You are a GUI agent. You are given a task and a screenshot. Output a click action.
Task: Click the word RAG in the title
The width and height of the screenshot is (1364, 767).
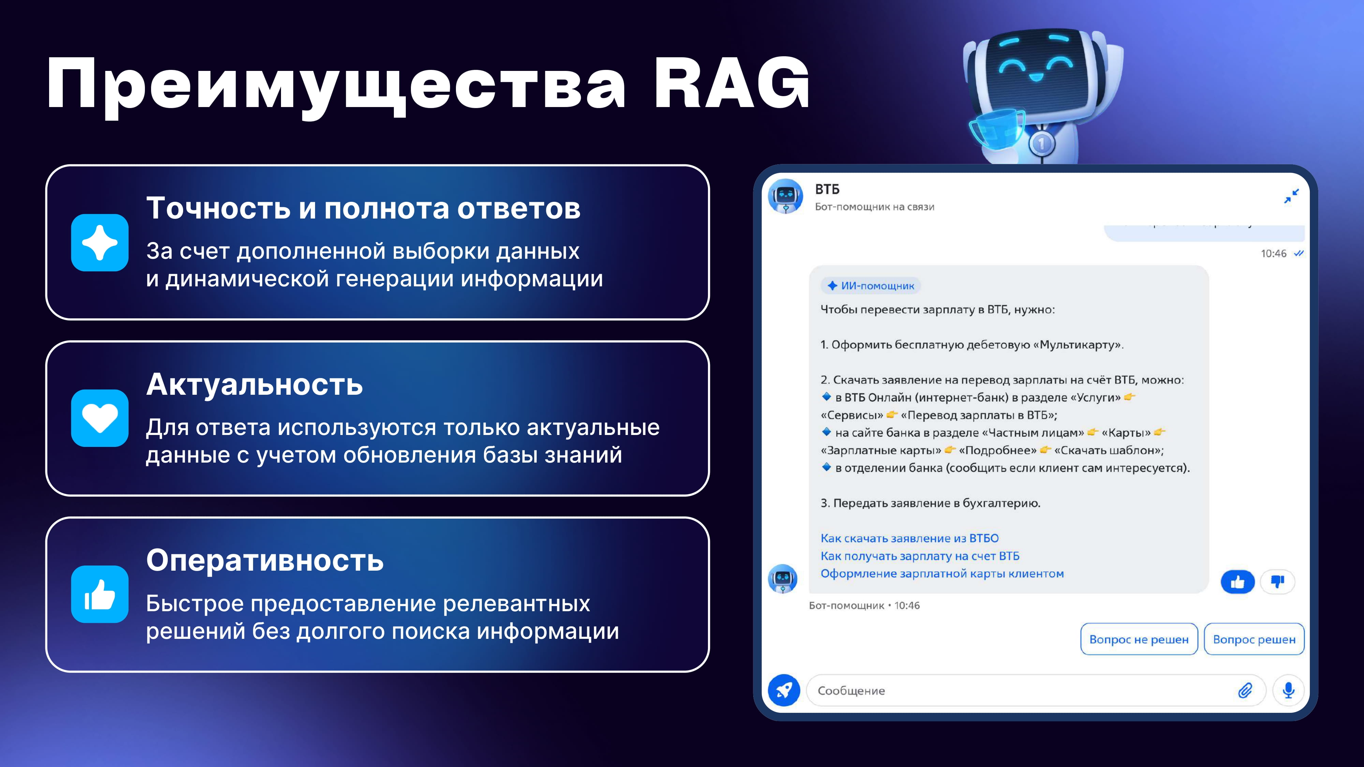[x=731, y=84]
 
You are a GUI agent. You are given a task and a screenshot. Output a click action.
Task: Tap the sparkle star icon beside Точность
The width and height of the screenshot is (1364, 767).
[x=100, y=242]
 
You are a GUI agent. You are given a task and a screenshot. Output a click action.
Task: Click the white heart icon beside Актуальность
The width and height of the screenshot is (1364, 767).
[x=100, y=418]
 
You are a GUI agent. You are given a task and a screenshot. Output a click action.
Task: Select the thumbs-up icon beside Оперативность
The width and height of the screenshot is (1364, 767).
[x=100, y=594]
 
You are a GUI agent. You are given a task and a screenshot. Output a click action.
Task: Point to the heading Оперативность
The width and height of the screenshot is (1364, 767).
[x=265, y=560]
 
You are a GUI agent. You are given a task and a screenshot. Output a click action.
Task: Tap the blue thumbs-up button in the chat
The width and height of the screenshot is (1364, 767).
[x=1237, y=582]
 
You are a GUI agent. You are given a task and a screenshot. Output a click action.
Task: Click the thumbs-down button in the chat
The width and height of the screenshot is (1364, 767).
[x=1278, y=582]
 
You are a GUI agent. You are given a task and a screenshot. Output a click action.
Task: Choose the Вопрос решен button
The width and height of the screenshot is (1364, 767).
[x=1254, y=640]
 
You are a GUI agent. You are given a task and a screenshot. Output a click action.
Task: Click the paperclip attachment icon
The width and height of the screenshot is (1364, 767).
[x=1245, y=690]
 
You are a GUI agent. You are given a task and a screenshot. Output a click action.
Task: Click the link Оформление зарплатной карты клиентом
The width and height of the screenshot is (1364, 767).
[x=942, y=574]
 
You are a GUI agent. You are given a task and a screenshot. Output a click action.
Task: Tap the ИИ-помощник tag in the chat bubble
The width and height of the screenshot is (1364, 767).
[x=871, y=286]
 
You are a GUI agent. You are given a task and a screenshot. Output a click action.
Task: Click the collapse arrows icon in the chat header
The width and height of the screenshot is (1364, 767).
[x=1291, y=196]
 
